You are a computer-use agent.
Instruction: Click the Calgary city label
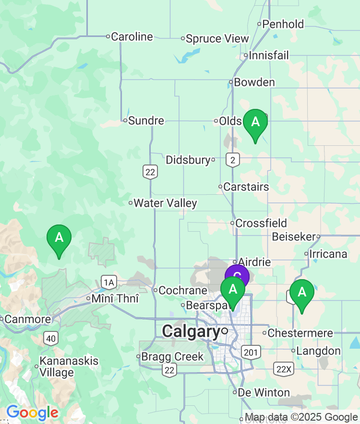pyautogui.click(x=191, y=331)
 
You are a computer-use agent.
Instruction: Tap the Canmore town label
pyautogui.click(x=28, y=319)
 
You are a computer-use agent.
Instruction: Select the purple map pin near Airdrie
pyautogui.click(x=237, y=276)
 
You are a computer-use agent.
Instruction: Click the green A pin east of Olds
pyautogui.click(x=255, y=122)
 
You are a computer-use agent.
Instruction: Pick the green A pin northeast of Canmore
pyautogui.click(x=59, y=238)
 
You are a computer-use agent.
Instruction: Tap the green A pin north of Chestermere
pyautogui.click(x=302, y=292)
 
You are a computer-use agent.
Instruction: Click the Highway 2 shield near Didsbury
pyautogui.click(x=233, y=160)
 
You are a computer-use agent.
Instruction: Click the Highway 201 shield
pyautogui.click(x=252, y=353)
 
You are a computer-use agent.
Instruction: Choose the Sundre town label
pyautogui.click(x=146, y=120)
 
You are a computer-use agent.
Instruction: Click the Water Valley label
pyautogui.click(x=165, y=203)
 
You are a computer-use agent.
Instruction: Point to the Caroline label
pyautogui.click(x=132, y=36)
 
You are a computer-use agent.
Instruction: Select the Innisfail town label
pyautogui.click(x=269, y=56)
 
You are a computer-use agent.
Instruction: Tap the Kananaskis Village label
pyautogui.click(x=62, y=366)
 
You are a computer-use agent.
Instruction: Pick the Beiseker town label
pyautogui.click(x=294, y=236)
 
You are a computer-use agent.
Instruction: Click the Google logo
pyautogui.click(x=32, y=412)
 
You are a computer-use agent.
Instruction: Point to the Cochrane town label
pyautogui.click(x=182, y=290)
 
